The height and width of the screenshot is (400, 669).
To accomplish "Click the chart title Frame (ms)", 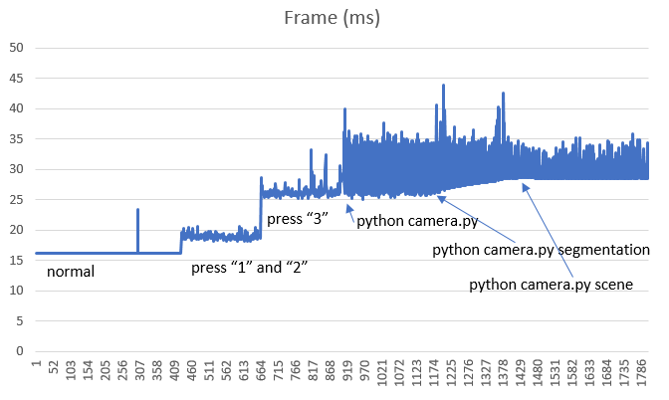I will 333,17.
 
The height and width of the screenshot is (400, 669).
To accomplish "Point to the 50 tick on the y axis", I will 16,48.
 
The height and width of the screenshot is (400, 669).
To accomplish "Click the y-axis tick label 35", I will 16,139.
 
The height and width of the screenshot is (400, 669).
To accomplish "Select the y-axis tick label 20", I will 16,230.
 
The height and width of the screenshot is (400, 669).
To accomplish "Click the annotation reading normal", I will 71,270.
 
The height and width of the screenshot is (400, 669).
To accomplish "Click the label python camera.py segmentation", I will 541,249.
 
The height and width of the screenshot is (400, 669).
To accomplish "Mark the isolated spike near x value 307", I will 137,210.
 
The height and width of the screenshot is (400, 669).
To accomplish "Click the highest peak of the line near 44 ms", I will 443,86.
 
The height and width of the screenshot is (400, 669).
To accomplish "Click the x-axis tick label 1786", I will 642,378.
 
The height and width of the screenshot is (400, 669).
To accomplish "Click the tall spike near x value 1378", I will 503,94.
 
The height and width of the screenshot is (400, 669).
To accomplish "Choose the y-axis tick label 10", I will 16,291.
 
